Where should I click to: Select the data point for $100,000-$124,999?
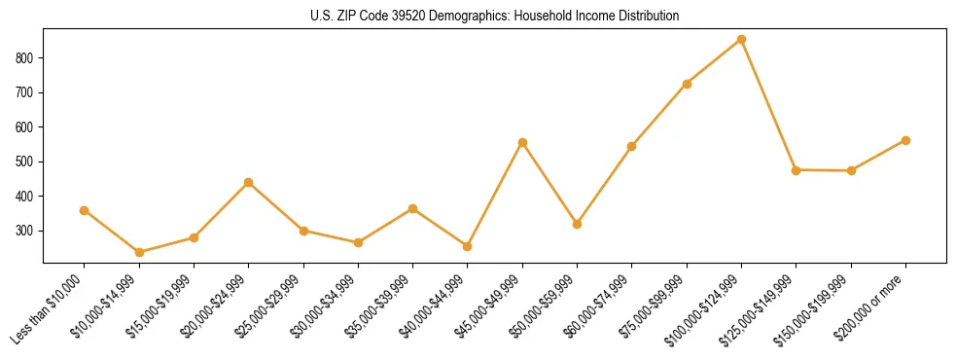(741, 40)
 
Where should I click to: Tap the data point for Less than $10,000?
(85, 210)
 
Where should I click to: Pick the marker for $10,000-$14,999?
(139, 252)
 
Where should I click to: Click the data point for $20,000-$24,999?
(249, 182)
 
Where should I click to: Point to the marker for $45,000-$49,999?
(522, 142)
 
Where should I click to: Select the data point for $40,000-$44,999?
(468, 246)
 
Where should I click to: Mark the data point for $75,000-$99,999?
(687, 84)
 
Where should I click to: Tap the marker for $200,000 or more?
(905, 140)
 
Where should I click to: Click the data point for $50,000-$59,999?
(577, 224)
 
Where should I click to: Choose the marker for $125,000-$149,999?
(796, 170)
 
